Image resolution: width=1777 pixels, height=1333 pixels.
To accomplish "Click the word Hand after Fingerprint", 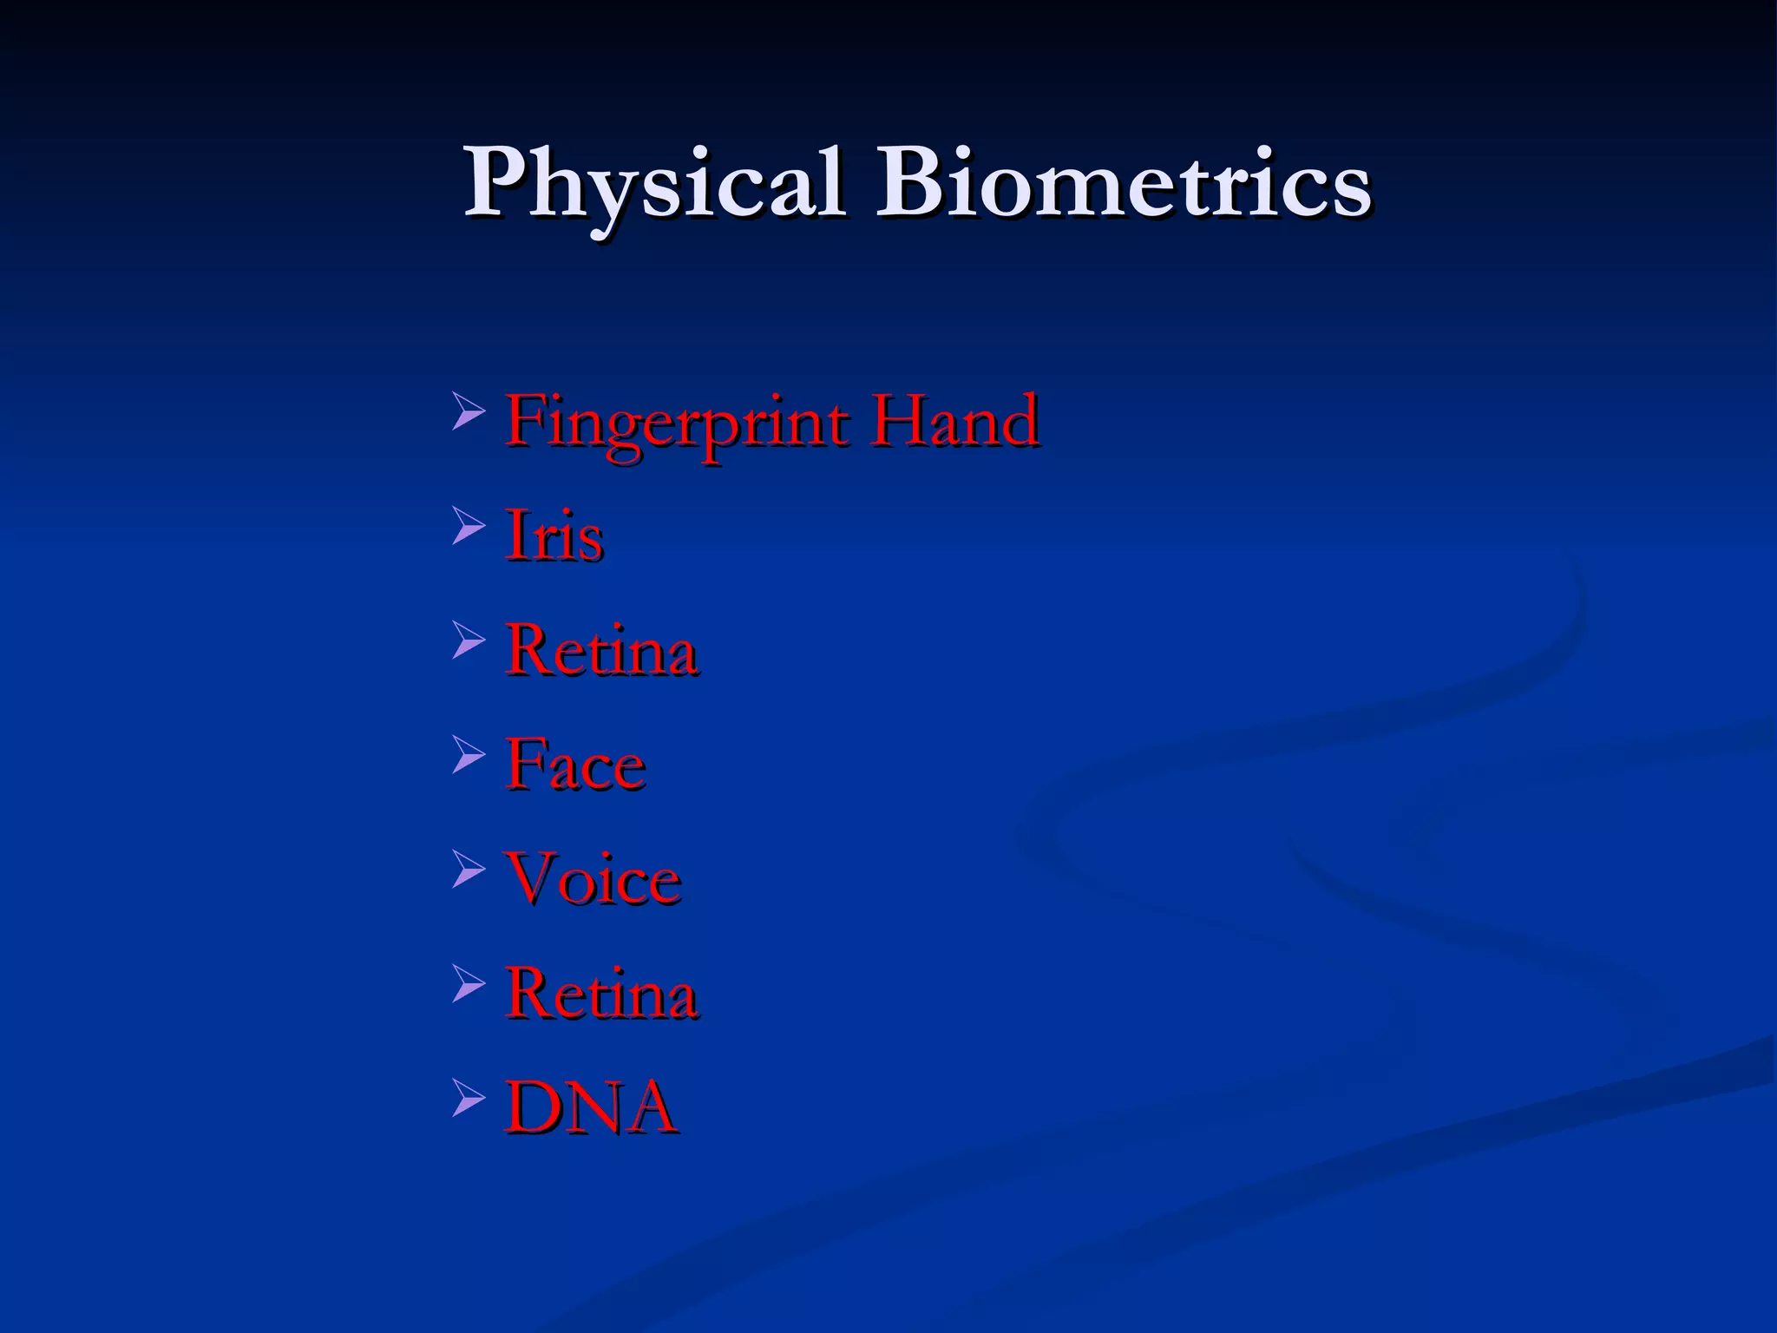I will [x=955, y=421].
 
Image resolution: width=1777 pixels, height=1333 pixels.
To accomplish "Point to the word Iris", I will [x=554, y=535].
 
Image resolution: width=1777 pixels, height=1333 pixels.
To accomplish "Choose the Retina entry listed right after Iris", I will [x=601, y=650].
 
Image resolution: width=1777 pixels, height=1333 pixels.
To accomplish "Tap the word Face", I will [x=575, y=765].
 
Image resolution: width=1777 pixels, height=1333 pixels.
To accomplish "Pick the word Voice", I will [x=593, y=879].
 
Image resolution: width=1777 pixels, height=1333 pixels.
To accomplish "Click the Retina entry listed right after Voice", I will [x=601, y=994].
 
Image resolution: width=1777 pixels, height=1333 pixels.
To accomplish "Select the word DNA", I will [x=591, y=1107].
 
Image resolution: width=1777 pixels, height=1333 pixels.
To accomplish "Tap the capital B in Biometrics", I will [x=911, y=184].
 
